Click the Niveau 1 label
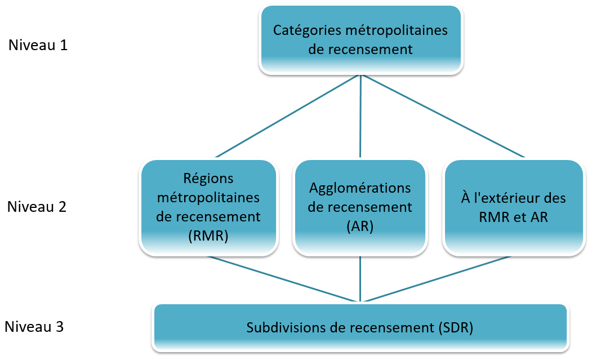pos(38,45)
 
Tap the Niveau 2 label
pos(37,207)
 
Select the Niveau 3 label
pos(34,327)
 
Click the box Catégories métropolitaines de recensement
pos(360,39)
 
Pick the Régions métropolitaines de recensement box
pos(209,207)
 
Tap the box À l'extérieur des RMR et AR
pos(513,207)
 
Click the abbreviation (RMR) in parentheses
pos(209,236)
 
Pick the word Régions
pos(209,178)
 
